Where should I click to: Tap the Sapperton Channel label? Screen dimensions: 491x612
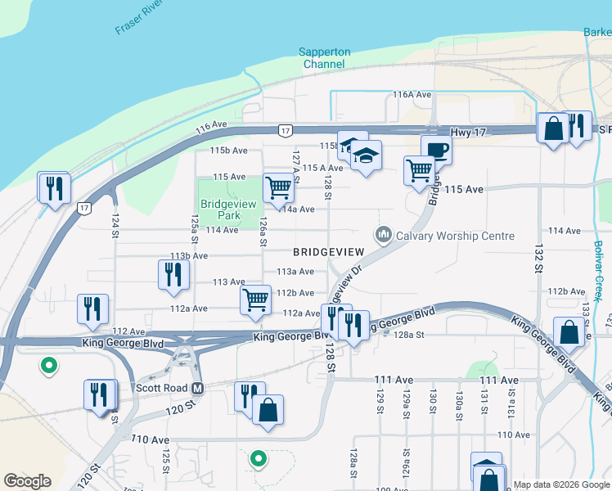325,58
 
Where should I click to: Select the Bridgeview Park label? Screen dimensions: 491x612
220,209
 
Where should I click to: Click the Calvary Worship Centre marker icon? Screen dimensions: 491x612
383,236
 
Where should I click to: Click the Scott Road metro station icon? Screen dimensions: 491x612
197,388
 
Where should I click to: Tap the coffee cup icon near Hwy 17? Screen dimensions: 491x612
436,150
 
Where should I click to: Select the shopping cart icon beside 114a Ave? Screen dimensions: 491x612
278,187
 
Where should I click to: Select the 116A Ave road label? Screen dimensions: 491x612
412,95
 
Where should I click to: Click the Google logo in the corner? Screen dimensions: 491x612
27,481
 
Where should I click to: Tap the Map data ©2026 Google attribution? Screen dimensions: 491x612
561,484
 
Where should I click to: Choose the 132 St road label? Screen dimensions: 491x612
538,258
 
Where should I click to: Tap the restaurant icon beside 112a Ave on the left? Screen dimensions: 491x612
92,308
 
